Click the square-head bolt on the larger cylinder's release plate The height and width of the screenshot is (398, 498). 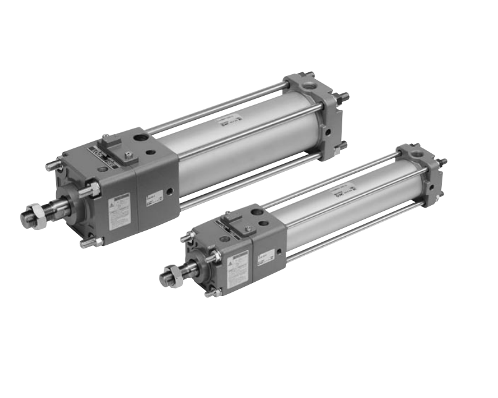point(127,154)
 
